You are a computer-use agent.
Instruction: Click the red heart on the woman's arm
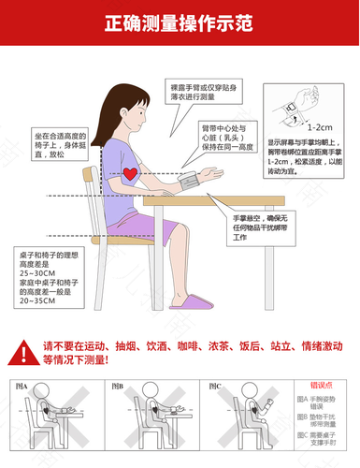tap(130, 174)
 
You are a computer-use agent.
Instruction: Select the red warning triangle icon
tap(25, 351)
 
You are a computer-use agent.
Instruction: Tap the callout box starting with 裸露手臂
tap(190, 92)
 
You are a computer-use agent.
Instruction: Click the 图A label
tap(22, 385)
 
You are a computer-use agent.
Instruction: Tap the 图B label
tap(117, 385)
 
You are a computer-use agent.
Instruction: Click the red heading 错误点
tap(322, 385)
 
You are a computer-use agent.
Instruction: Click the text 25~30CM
tap(35, 284)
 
